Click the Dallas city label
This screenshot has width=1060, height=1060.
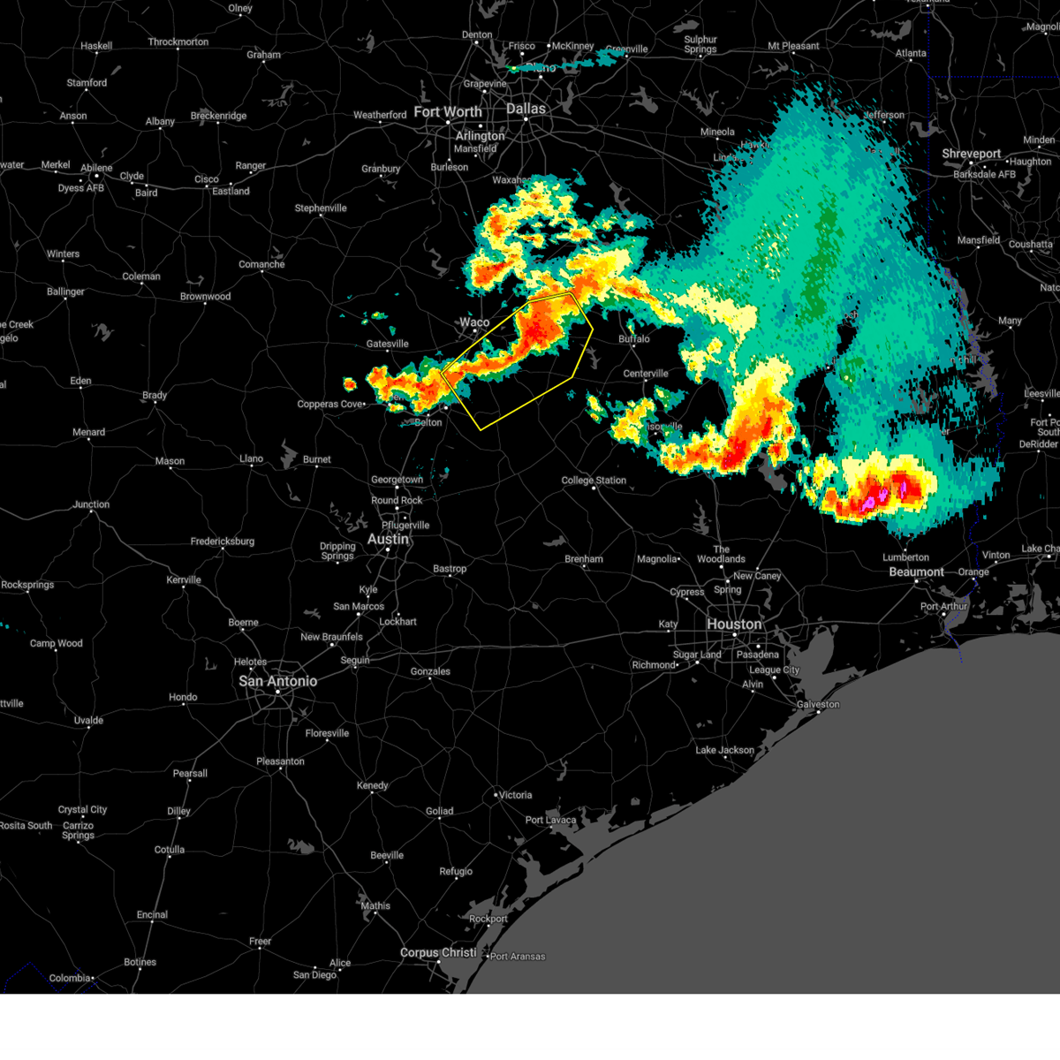[x=526, y=109]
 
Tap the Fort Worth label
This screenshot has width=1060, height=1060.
[x=448, y=112]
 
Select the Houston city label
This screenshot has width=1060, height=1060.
[x=733, y=625]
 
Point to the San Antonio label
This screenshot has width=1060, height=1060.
[x=277, y=681]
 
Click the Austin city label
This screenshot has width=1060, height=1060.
[x=388, y=539]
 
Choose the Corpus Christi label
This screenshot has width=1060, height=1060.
[x=438, y=952]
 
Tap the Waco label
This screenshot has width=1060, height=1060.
[x=474, y=322]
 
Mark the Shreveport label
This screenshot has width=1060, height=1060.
[x=971, y=154]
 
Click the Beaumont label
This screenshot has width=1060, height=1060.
[x=916, y=572]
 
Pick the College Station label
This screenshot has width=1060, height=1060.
[x=594, y=481]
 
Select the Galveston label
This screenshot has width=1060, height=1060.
[x=818, y=704]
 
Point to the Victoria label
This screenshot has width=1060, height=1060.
[x=515, y=795]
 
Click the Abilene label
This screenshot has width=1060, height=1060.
[x=96, y=168]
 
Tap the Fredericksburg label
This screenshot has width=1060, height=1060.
[x=222, y=541]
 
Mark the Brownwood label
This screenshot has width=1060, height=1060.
[x=205, y=297]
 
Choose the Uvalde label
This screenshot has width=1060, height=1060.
[x=88, y=721]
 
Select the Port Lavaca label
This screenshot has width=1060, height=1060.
[x=550, y=820]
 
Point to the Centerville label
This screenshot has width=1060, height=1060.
[x=646, y=374]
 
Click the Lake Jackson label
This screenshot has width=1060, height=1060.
[x=724, y=750]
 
